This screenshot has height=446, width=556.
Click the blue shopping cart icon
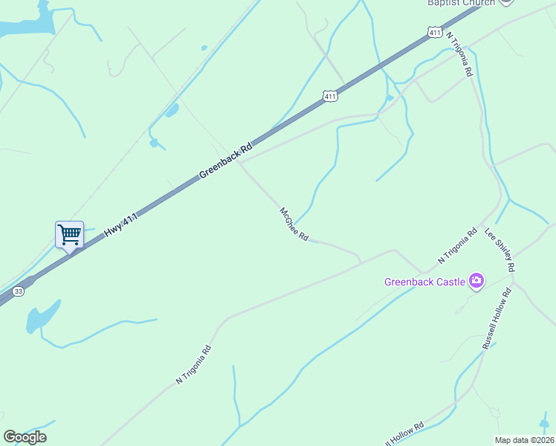point(69,235)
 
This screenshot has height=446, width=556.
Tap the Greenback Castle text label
point(424,282)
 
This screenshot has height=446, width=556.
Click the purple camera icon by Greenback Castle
point(476,281)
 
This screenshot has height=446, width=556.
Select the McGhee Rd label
point(294,224)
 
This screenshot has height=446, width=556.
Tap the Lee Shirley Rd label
point(500,250)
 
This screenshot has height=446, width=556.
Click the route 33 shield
point(19,291)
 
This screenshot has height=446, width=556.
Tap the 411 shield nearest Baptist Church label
point(436,32)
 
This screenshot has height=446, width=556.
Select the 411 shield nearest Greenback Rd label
point(331,96)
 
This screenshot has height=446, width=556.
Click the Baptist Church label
point(460,3)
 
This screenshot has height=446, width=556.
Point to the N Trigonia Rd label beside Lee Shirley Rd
point(456,248)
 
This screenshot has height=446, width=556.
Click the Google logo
point(25,437)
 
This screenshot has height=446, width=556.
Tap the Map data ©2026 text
point(524,440)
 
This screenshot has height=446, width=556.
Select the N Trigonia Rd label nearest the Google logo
point(194,364)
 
